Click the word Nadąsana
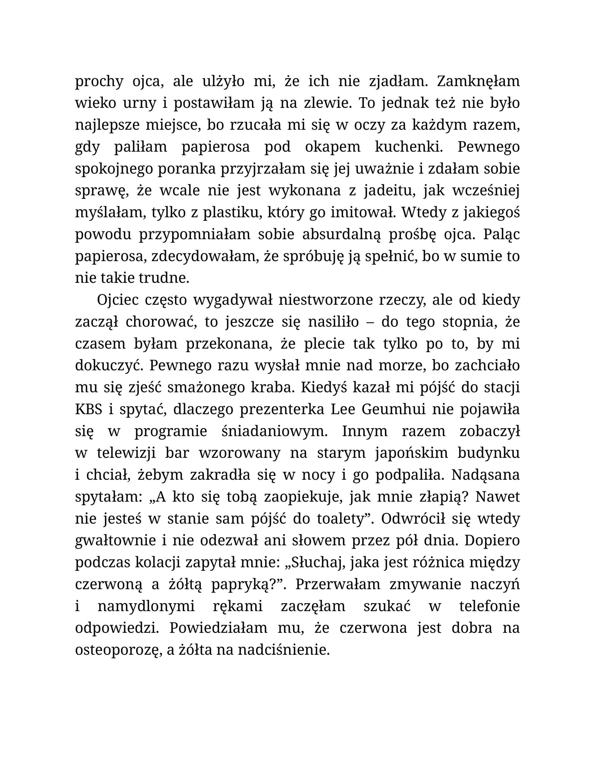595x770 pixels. pyautogui.click(x=485, y=475)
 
